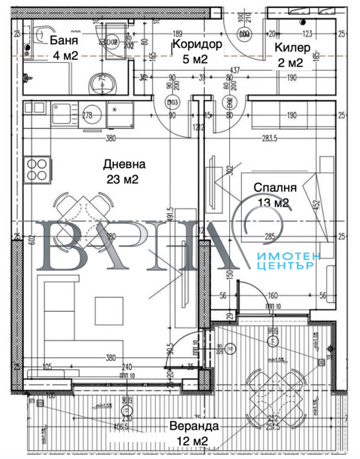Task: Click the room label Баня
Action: [x=64, y=41]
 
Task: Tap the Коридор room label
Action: [x=196, y=45]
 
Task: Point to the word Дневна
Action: [x=124, y=165]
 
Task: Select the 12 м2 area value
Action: [x=191, y=441]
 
